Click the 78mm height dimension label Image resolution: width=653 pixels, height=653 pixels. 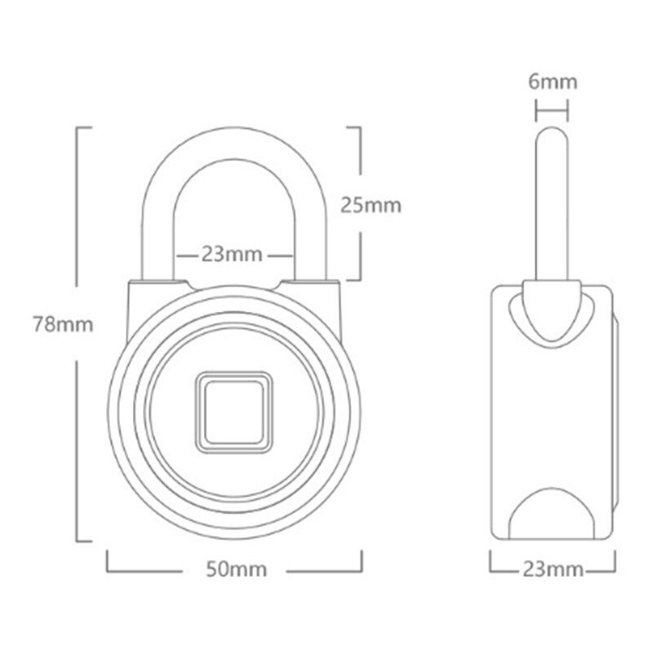64,324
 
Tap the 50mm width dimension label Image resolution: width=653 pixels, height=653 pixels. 237,569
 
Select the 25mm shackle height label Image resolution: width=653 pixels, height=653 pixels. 371,206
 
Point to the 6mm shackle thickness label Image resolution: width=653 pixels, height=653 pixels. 553,82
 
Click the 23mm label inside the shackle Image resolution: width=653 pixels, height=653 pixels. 232,254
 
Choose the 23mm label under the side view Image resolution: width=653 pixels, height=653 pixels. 553,569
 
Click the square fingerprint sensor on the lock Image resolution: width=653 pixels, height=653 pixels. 234,412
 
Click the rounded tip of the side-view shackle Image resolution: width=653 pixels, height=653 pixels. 552,132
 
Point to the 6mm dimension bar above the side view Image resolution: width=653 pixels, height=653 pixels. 553,111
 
